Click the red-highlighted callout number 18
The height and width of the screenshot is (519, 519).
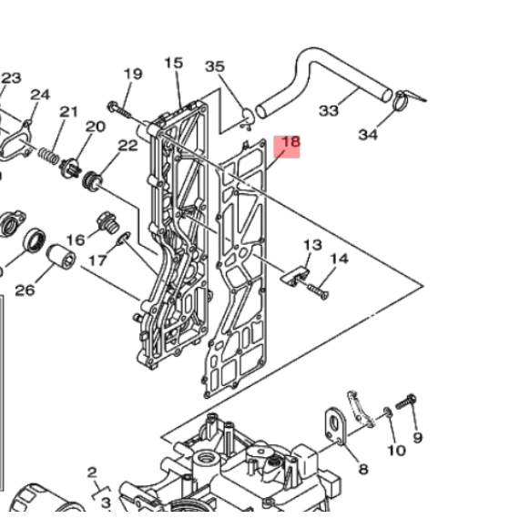(x=291, y=142)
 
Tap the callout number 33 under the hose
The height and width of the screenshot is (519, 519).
(x=329, y=110)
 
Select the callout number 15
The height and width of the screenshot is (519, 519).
(x=173, y=63)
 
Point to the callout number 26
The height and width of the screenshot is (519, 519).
(x=25, y=290)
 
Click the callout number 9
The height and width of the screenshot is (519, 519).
(x=418, y=438)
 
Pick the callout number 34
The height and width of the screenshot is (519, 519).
(x=368, y=135)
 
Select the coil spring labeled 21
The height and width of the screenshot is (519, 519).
(x=49, y=156)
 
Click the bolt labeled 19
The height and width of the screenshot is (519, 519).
(x=119, y=109)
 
